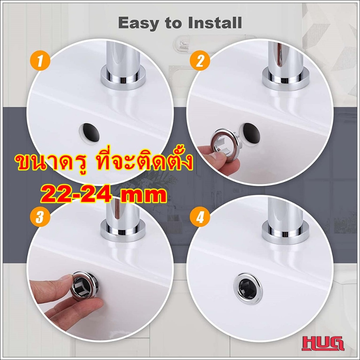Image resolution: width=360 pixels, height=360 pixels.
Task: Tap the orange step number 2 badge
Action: click(x=200, y=60)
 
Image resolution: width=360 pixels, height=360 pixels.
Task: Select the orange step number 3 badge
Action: click(x=40, y=216)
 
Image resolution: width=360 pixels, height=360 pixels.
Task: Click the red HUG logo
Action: click(x=323, y=343)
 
